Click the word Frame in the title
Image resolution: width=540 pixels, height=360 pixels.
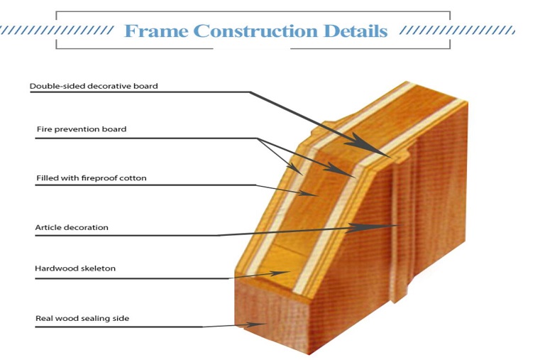[x=156, y=31]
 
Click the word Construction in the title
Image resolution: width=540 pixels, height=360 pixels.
[x=256, y=31]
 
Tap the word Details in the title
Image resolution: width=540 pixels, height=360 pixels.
[x=356, y=31]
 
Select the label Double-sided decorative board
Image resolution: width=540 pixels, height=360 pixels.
[x=94, y=86]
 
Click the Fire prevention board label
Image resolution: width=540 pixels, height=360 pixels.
[x=82, y=129]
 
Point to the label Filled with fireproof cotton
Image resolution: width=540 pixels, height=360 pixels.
[x=92, y=178]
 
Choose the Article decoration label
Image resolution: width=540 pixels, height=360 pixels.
[x=72, y=227]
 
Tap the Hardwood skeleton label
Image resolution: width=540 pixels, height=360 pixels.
[x=75, y=268]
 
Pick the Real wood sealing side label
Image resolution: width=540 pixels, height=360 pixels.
[x=82, y=318]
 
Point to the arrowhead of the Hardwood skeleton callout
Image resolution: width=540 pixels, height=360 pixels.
[x=280, y=273]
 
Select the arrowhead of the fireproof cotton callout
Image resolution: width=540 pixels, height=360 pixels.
[x=308, y=193]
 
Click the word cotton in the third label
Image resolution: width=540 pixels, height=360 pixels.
[x=134, y=178]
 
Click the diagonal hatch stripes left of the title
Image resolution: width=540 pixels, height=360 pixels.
[x=57, y=31]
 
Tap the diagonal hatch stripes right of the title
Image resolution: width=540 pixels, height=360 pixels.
[x=458, y=31]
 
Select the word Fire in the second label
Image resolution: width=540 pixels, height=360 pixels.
[x=43, y=129]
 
